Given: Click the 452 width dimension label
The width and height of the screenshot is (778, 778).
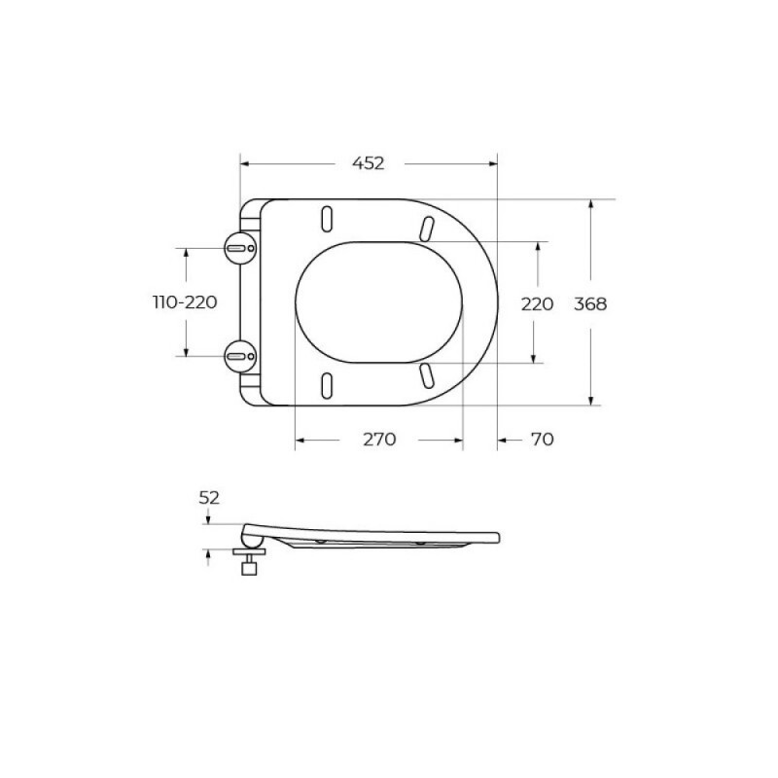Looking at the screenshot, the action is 369,163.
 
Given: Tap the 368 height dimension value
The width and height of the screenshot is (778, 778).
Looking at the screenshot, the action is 590,303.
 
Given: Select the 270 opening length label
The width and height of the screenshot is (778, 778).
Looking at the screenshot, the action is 379,440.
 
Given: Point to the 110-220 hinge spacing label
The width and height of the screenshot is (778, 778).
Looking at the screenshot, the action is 185,301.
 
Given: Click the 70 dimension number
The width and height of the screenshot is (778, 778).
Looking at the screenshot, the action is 542,440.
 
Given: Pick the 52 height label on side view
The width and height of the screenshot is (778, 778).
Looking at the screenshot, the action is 209,498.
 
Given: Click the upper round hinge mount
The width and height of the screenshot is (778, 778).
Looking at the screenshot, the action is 240,248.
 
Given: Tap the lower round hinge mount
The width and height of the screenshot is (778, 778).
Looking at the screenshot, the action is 240,356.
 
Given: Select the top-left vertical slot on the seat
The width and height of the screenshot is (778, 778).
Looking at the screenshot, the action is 327,218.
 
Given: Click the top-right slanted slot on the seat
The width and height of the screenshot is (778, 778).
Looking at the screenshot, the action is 427,230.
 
